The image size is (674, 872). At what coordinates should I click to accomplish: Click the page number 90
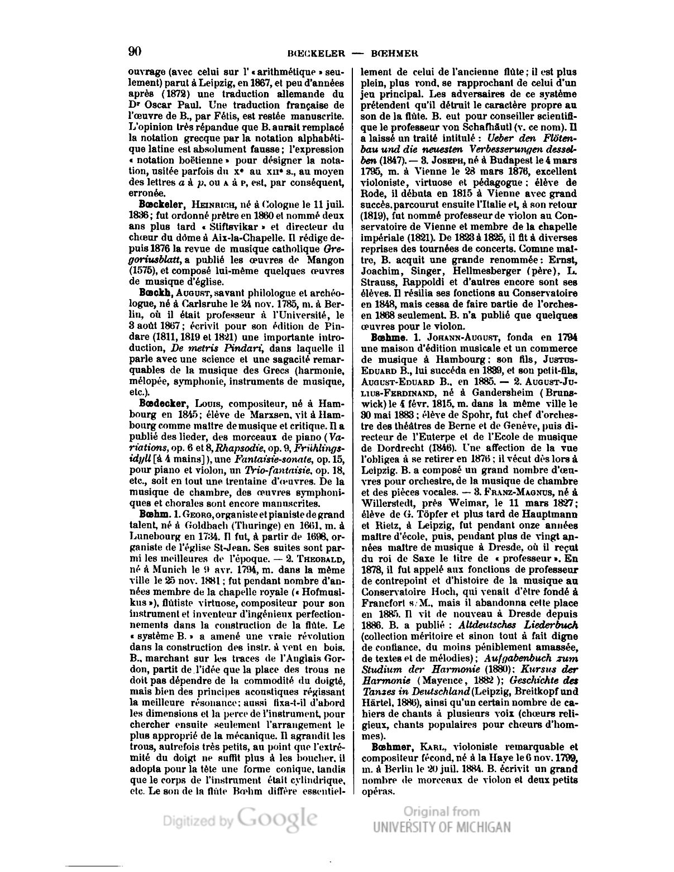(x=134, y=51)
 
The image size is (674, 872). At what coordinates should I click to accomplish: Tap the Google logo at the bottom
(x=278, y=818)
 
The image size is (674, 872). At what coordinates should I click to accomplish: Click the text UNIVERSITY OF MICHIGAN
(x=441, y=827)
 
